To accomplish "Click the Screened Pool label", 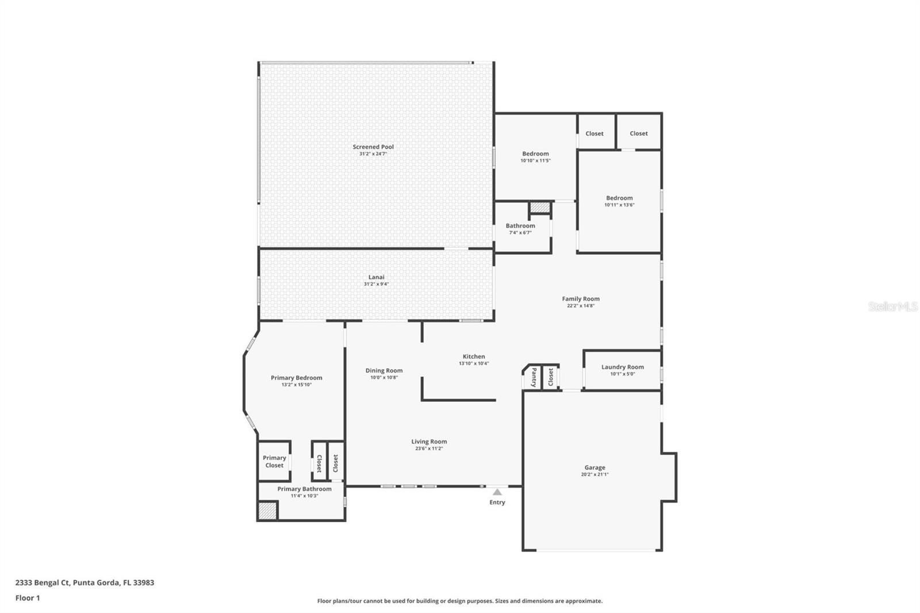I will pyautogui.click(x=373, y=147).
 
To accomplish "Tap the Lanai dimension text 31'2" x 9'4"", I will pyautogui.click(x=376, y=284).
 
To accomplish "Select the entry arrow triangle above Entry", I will pyautogui.click(x=497, y=492).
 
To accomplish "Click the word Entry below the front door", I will pyautogui.click(x=497, y=503).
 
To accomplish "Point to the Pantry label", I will pyautogui.click(x=534, y=377).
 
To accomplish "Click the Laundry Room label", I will pyautogui.click(x=622, y=367).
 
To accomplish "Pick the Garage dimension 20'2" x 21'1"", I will pyautogui.click(x=595, y=474).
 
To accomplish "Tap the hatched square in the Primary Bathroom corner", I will pyautogui.click(x=267, y=511).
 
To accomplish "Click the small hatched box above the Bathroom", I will pyautogui.click(x=540, y=208).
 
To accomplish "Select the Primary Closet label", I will pyautogui.click(x=274, y=462).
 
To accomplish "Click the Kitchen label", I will pyautogui.click(x=474, y=357).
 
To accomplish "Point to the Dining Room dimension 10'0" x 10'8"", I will pyautogui.click(x=384, y=377).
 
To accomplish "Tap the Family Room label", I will pyautogui.click(x=580, y=298).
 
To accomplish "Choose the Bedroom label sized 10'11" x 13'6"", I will pyautogui.click(x=619, y=198).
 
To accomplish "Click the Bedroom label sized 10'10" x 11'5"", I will pyautogui.click(x=535, y=154).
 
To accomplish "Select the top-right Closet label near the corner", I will pyautogui.click(x=638, y=133).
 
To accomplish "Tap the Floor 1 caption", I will pyautogui.click(x=28, y=598).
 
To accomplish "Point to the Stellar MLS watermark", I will pyautogui.click(x=892, y=307).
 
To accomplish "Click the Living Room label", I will pyautogui.click(x=429, y=442).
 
